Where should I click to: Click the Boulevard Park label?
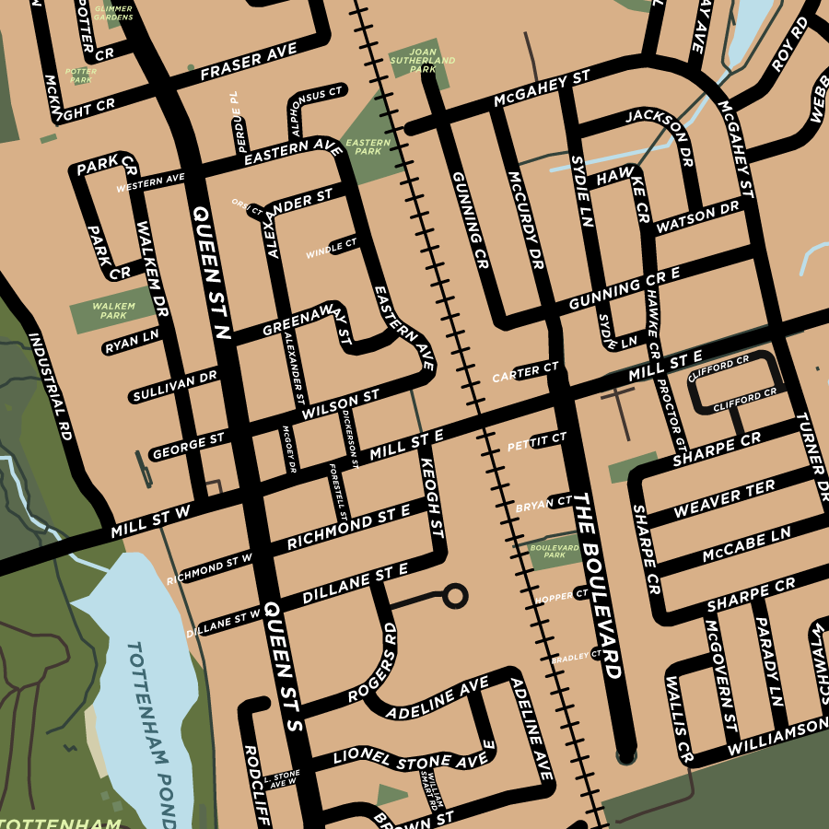coord(555,551)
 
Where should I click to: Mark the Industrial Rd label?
coord(50,387)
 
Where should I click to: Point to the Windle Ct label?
coord(332,248)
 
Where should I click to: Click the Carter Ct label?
coord(525,372)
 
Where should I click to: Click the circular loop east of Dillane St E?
coord(454,595)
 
